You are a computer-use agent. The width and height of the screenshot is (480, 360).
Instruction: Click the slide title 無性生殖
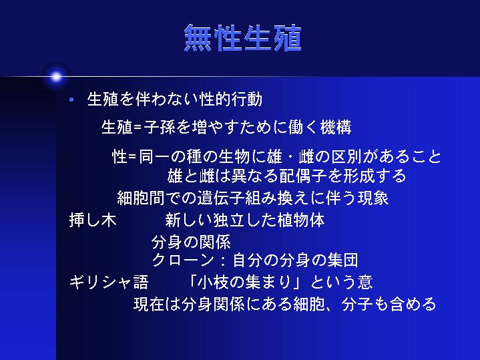click(243, 38)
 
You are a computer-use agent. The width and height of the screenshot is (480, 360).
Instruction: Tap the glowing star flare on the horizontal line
click(56, 76)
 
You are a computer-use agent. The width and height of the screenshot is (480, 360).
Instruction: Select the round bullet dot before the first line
click(71, 100)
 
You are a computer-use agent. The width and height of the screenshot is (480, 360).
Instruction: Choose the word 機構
click(336, 127)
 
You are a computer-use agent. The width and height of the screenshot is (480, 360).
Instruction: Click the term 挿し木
click(93, 220)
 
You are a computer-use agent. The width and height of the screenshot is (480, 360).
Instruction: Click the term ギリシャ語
click(109, 282)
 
